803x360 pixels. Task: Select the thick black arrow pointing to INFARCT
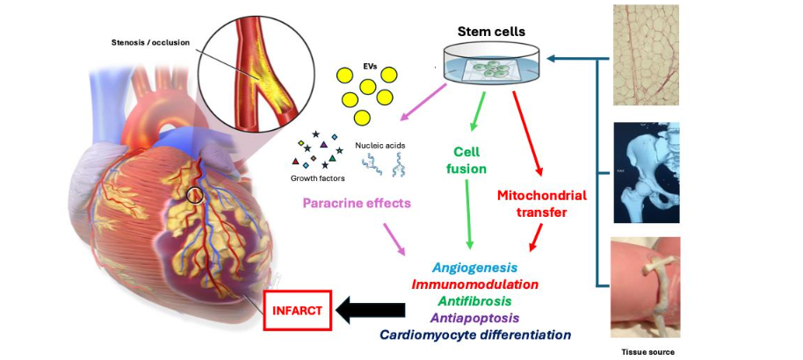click(x=372, y=310)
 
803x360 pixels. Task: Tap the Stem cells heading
click(x=493, y=32)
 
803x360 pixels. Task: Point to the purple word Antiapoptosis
click(x=474, y=317)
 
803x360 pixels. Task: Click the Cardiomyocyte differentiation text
click(x=474, y=335)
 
